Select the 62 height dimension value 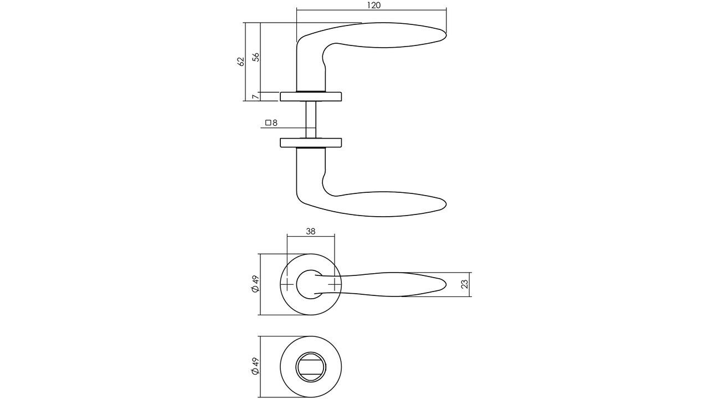(x=241, y=61)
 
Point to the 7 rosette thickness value (x=255, y=97)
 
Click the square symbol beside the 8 (x=268, y=123)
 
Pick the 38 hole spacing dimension (x=311, y=232)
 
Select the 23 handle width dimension (x=465, y=284)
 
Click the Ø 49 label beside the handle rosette (x=255, y=284)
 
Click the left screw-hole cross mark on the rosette (x=287, y=284)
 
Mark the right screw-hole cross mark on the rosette (x=335, y=284)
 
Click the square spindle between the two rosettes (x=311, y=119)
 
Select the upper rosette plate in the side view (x=311, y=97)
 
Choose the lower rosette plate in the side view (x=311, y=142)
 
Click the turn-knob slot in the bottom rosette (x=311, y=366)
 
